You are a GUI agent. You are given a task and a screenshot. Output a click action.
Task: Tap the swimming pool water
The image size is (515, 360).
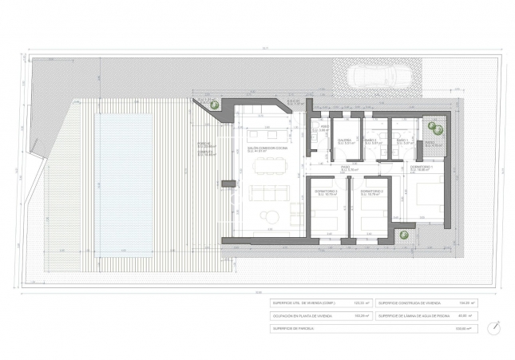point(124,180)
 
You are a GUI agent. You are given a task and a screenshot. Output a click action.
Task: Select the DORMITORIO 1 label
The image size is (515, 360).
point(421,168)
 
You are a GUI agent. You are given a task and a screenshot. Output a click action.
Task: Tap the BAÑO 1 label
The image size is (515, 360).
point(402,140)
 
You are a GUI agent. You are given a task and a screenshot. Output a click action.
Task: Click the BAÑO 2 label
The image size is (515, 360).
point(370,140)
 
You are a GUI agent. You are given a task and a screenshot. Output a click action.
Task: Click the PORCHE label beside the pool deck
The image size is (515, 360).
point(204,144)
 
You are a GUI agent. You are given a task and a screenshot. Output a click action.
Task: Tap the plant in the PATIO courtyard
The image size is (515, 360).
point(436,129)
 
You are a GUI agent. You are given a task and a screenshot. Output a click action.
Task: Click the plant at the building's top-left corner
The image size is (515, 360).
point(213,104)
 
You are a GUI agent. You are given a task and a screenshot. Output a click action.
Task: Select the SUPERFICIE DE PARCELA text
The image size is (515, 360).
point(294,328)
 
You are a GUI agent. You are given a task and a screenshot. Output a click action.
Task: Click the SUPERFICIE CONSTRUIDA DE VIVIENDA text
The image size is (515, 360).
point(410,303)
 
